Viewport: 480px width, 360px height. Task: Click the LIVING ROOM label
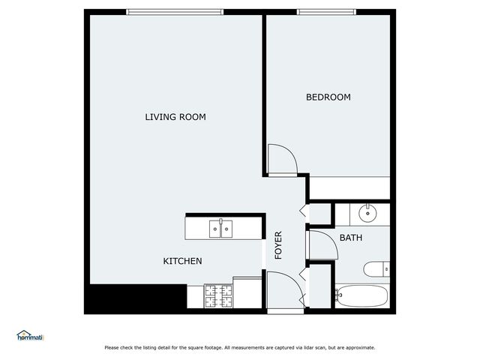click(x=175, y=117)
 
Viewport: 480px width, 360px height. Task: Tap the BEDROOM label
click(x=328, y=97)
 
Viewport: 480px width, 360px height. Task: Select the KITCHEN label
click(x=182, y=261)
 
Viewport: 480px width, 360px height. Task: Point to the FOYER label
click(x=278, y=245)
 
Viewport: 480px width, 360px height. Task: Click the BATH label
click(x=350, y=238)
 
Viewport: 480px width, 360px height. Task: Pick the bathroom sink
click(x=367, y=214)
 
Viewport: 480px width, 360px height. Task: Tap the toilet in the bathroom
click(x=376, y=268)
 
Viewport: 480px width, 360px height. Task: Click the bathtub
click(x=361, y=295)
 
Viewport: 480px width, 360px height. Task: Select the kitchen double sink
click(x=220, y=227)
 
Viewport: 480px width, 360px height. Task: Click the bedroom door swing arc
click(x=283, y=158)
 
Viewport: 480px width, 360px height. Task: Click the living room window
click(x=175, y=12)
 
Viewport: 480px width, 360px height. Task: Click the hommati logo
click(x=30, y=337)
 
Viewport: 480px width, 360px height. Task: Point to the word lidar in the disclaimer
click(x=307, y=347)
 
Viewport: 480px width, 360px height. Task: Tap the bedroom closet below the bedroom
click(x=349, y=187)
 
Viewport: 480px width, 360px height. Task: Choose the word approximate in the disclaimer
click(x=358, y=347)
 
